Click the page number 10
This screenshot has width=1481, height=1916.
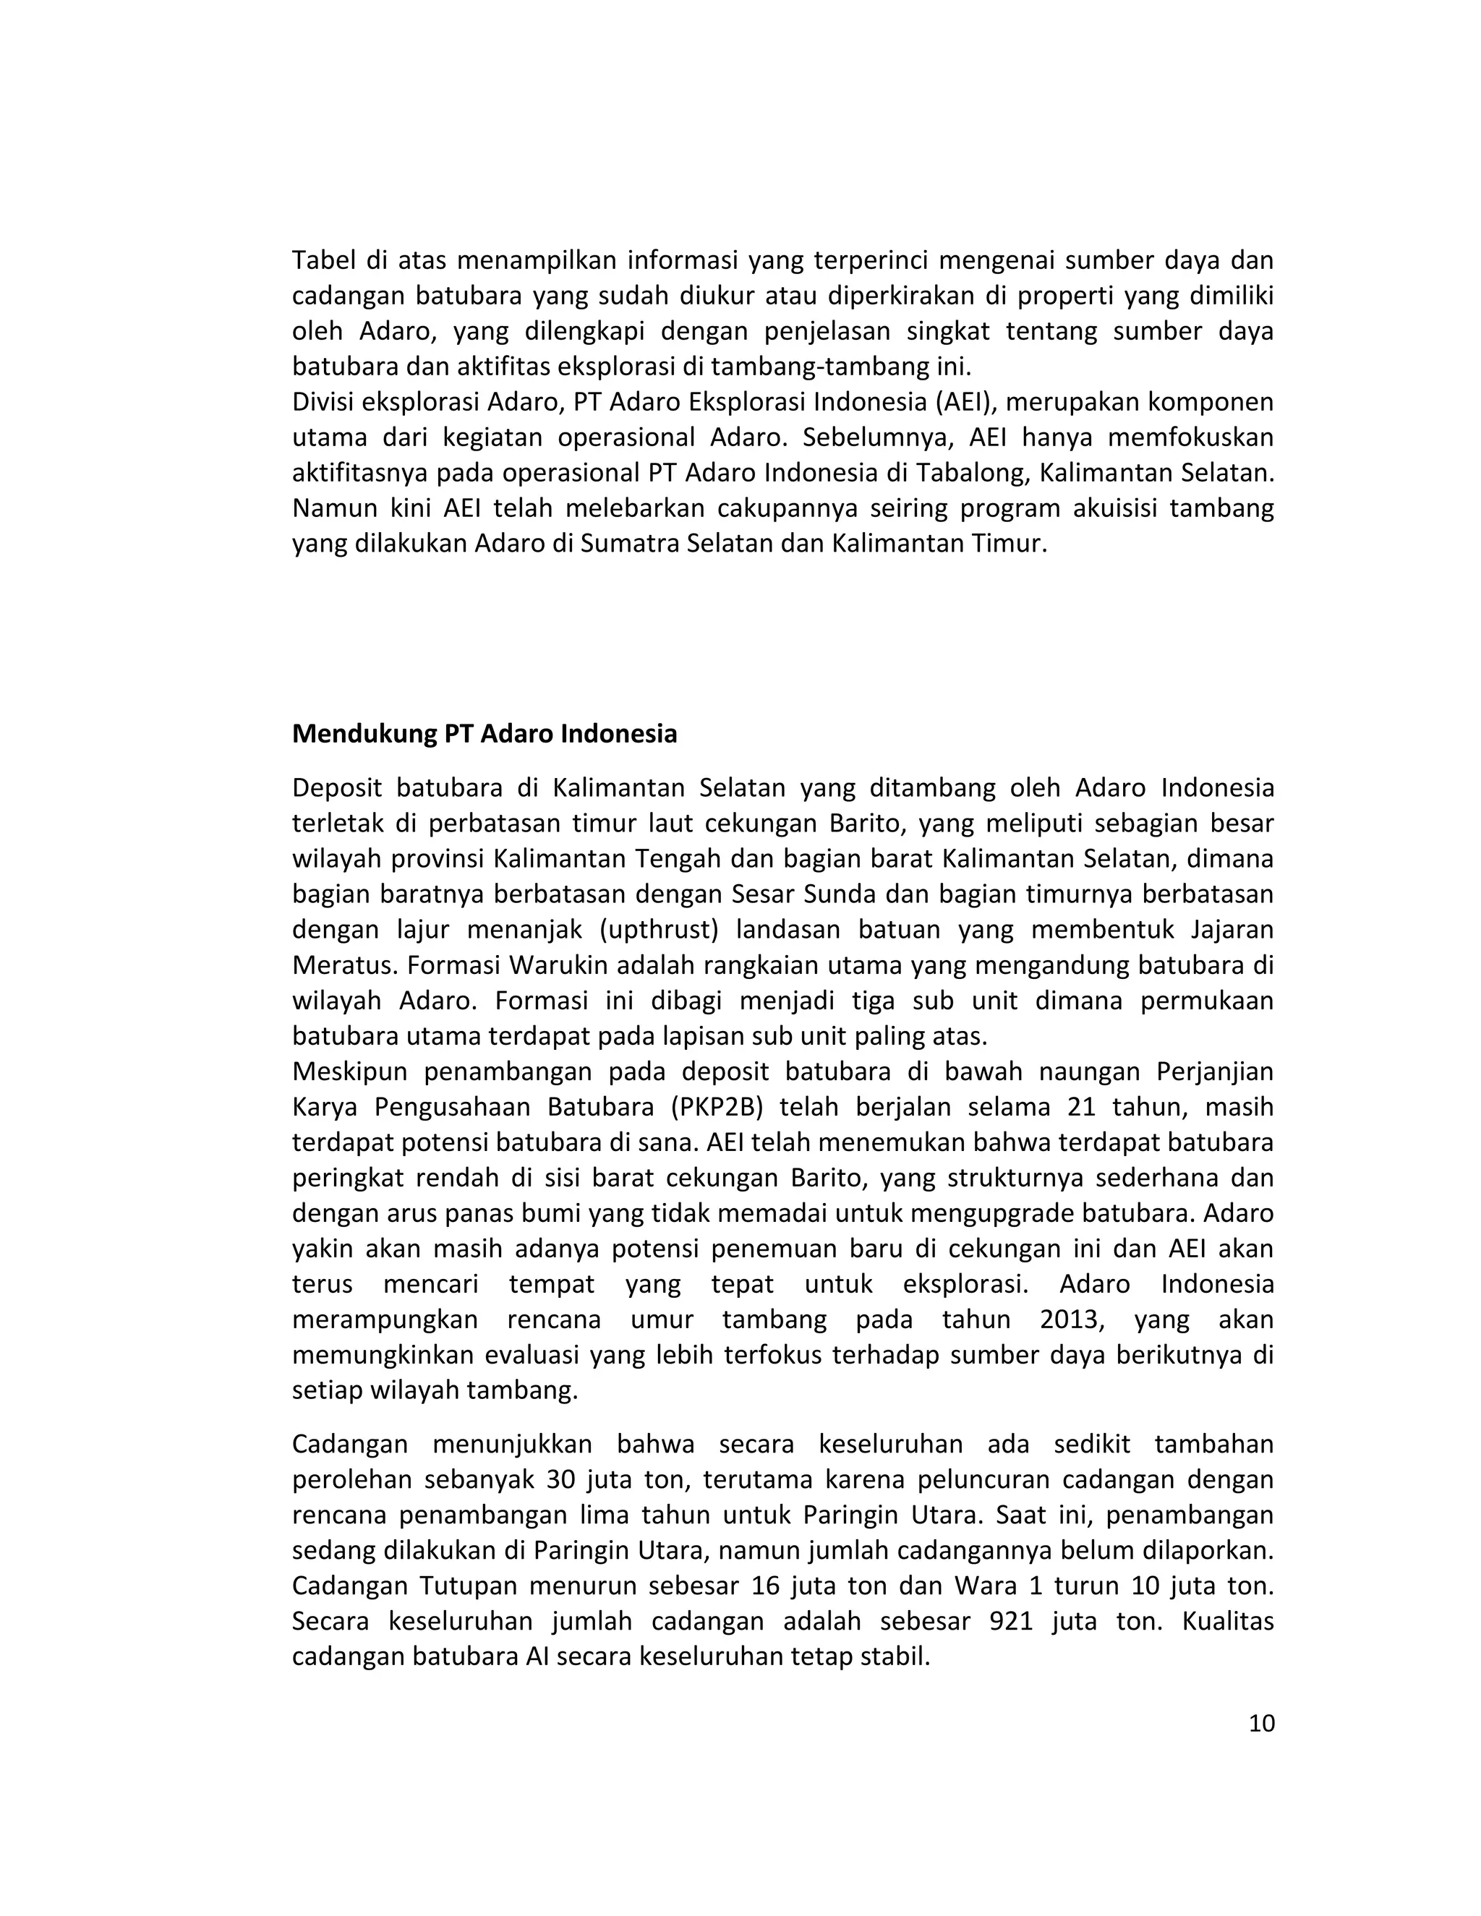[x=1260, y=1724]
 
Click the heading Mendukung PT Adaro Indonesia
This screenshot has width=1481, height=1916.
[x=485, y=733]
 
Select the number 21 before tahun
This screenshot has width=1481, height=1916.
[x=1082, y=1107]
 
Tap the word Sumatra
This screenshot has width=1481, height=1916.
[x=628, y=544]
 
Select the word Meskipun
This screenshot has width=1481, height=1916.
[x=350, y=1072]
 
